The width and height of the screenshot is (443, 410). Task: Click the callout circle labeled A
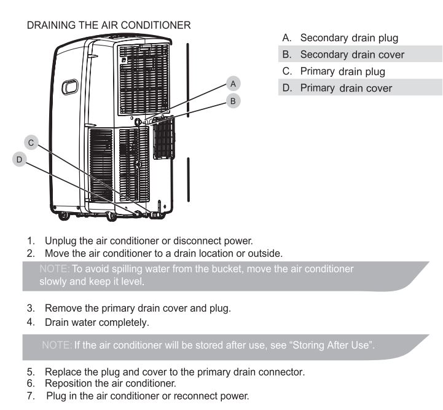pyautogui.click(x=233, y=84)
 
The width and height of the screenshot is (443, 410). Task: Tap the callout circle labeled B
pyautogui.click(x=233, y=101)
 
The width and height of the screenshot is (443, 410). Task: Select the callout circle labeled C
pyautogui.click(x=31, y=143)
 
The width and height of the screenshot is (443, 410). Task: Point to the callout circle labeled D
pyautogui.click(x=20, y=159)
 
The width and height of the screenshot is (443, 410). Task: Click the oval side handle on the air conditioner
pyautogui.click(x=70, y=87)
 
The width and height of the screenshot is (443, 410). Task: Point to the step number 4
pyautogui.click(x=31, y=322)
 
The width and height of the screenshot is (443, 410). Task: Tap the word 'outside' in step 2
pyautogui.click(x=264, y=253)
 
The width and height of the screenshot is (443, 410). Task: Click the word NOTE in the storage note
pyautogui.click(x=56, y=345)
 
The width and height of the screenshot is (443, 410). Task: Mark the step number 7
pyautogui.click(x=31, y=396)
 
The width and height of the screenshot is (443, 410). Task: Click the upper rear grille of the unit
pyautogui.click(x=144, y=79)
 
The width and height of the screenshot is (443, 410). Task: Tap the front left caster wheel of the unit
pyautogui.click(x=63, y=216)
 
